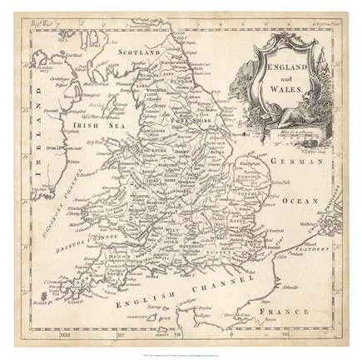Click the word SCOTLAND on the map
coord(138,52)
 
